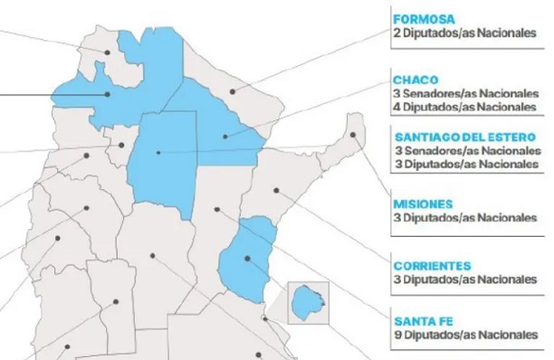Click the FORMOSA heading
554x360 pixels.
point(423,17)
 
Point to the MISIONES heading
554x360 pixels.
point(423,203)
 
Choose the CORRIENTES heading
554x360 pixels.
point(433,266)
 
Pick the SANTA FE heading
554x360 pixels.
point(422,319)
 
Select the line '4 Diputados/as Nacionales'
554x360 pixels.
point(464,106)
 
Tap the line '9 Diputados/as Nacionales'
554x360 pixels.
point(464,336)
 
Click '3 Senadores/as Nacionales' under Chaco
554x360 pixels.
point(464,92)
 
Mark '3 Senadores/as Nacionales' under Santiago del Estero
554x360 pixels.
point(464,151)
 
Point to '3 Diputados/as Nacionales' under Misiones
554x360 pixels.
point(464,218)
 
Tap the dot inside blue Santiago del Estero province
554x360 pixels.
point(158,153)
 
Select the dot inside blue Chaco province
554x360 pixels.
point(225,136)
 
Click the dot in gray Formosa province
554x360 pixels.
point(234,90)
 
